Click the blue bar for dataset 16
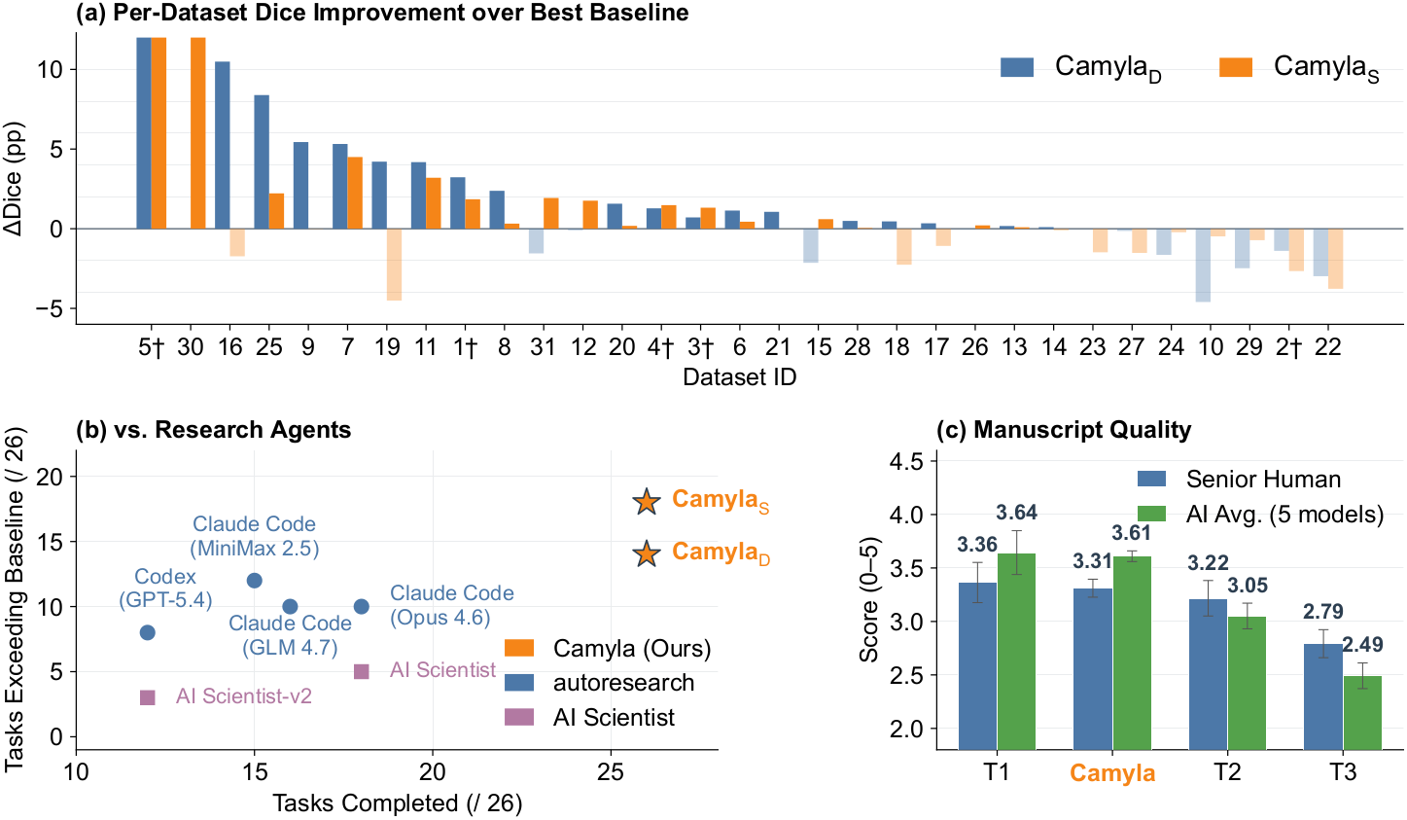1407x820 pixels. [223, 145]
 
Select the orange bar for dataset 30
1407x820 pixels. [197, 132]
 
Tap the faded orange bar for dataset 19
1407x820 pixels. [394, 264]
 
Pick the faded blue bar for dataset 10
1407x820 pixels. [1203, 265]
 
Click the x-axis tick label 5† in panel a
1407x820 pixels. [151, 348]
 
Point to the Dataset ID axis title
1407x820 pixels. [739, 377]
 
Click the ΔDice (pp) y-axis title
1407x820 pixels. [15, 179]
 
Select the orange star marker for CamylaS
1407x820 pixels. [646, 502]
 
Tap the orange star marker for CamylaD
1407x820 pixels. [646, 554]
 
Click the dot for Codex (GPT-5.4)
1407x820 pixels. [148, 632]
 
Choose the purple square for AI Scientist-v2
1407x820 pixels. [148, 697]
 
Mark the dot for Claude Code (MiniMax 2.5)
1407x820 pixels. [255, 581]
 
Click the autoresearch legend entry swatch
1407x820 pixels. [519, 683]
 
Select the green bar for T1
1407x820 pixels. [1016, 651]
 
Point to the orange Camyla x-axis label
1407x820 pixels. [1112, 774]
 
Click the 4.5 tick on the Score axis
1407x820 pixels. [906, 461]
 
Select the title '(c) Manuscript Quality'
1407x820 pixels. [1063, 430]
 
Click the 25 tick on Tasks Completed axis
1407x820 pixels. [611, 772]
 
